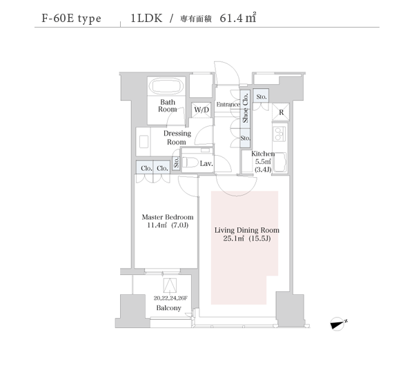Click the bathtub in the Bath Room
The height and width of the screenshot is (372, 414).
[x=166, y=86]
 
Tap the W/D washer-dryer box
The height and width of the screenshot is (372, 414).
[x=201, y=110]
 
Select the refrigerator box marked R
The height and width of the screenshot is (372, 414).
[x=281, y=112]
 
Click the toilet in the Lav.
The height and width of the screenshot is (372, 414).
[x=190, y=163]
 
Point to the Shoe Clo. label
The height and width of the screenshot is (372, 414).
[x=246, y=107]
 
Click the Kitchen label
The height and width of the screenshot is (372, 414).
[x=263, y=154]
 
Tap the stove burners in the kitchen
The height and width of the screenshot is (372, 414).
[x=279, y=134]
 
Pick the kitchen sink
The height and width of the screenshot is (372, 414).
[x=280, y=163]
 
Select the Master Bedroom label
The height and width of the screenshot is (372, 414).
[x=168, y=217]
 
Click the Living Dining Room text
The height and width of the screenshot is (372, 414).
[x=247, y=230]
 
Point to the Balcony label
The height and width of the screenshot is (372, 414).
[x=169, y=308]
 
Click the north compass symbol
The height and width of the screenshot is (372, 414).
[x=338, y=324]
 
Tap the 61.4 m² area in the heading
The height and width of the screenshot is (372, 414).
[x=238, y=18]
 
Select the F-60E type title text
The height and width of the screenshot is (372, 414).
[x=71, y=19]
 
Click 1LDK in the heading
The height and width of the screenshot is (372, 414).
[x=146, y=18]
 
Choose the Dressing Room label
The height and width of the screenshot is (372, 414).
[x=177, y=138]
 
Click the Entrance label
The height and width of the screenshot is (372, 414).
[x=228, y=105]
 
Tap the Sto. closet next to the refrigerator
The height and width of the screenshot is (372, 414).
[x=261, y=96]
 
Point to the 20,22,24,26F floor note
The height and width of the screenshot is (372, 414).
[x=170, y=298]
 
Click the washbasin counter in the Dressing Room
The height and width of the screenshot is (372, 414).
[x=144, y=142]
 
